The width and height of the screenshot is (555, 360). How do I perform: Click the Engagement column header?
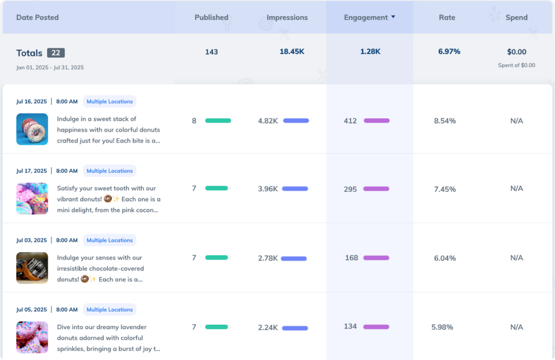[366, 17]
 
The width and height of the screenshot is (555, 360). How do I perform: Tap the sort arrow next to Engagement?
[393, 17]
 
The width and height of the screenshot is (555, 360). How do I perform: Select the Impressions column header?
[287, 17]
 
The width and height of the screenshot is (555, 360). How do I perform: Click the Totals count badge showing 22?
[56, 53]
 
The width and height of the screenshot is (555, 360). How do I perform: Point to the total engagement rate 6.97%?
[449, 52]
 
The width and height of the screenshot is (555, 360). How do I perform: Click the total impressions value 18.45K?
[292, 52]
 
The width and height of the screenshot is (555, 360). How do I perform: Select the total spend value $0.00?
[517, 52]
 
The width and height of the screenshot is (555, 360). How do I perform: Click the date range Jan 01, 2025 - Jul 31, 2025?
[50, 68]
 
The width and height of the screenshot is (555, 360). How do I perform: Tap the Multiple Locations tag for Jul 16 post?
[109, 101]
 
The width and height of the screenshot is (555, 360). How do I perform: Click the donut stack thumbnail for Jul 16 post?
[32, 129]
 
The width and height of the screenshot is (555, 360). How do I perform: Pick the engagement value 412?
[350, 120]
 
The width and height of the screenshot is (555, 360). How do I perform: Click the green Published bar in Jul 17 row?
[217, 188]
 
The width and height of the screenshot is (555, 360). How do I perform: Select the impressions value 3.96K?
[268, 189]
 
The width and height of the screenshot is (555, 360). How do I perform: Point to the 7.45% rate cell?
[445, 189]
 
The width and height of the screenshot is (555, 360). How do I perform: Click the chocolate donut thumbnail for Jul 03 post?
[32, 268]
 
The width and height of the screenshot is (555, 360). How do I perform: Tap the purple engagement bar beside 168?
[376, 258]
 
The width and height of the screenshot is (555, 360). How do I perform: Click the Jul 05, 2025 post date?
[31, 310]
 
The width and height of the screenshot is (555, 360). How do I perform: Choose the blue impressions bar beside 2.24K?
[295, 327]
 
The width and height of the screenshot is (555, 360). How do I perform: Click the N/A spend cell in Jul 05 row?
[517, 327]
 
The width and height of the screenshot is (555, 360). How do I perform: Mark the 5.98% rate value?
[442, 327]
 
